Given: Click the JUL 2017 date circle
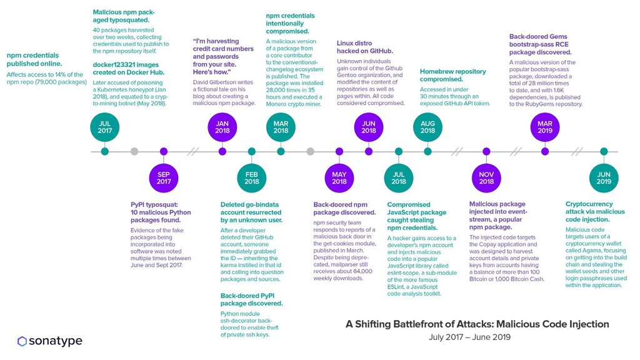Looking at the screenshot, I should click(104, 127).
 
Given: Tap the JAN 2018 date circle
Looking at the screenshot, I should click(222, 127).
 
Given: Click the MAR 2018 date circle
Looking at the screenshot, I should click(281, 127).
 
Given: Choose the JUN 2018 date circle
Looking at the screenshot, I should click(369, 127).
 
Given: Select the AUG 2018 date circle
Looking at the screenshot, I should click(427, 127).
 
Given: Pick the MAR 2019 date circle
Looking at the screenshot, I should click(545, 127).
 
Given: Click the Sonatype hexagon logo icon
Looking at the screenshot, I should click(22, 341).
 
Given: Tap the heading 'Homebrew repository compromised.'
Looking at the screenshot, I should click(452, 76).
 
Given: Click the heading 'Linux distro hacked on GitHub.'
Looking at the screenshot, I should click(365, 47).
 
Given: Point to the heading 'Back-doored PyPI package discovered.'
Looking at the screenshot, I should click(251, 299).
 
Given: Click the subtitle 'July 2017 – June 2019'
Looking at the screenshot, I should click(469, 337).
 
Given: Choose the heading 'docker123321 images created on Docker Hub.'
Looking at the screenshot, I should click(128, 68).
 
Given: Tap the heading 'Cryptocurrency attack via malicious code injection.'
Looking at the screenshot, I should click(594, 212).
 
